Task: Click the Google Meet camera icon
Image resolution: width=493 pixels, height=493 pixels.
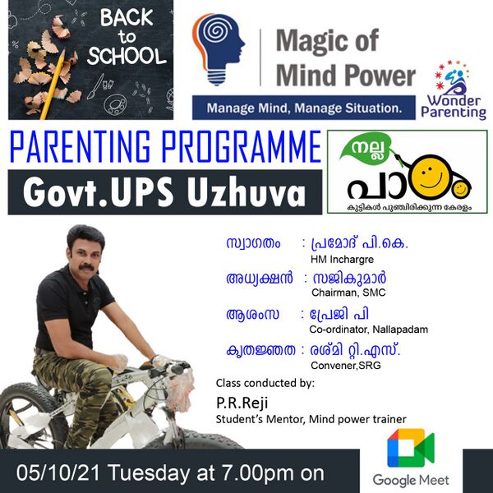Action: pyautogui.click(x=411, y=448)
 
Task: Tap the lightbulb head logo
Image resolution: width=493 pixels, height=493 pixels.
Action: pyautogui.click(x=218, y=49)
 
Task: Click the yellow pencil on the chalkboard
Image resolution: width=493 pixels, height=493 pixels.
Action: pyautogui.click(x=53, y=85)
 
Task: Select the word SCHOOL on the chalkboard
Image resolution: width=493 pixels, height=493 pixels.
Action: pyautogui.click(x=127, y=56)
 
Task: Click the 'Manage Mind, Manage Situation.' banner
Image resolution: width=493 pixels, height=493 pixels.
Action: pyautogui.click(x=304, y=108)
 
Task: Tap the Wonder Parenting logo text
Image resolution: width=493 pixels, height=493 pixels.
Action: pyautogui.click(x=454, y=107)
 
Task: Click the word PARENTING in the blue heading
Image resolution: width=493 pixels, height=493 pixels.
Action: pyautogui.click(x=81, y=147)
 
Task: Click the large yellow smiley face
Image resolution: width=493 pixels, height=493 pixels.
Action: pyautogui.click(x=428, y=177)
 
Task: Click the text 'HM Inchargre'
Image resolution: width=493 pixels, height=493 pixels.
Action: pyautogui.click(x=342, y=260)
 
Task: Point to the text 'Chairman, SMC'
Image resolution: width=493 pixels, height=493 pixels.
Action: pyautogui.click(x=348, y=293)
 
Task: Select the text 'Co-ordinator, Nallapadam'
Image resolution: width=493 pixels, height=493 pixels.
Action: pyautogui.click(x=368, y=329)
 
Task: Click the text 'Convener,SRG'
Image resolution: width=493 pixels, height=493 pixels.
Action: pyautogui.click(x=346, y=366)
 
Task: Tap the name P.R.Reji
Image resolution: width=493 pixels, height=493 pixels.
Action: pyautogui.click(x=242, y=403)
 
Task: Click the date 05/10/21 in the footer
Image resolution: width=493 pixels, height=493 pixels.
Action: pyautogui.click(x=58, y=472)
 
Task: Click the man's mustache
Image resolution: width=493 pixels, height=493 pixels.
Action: pyautogui.click(x=86, y=267)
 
